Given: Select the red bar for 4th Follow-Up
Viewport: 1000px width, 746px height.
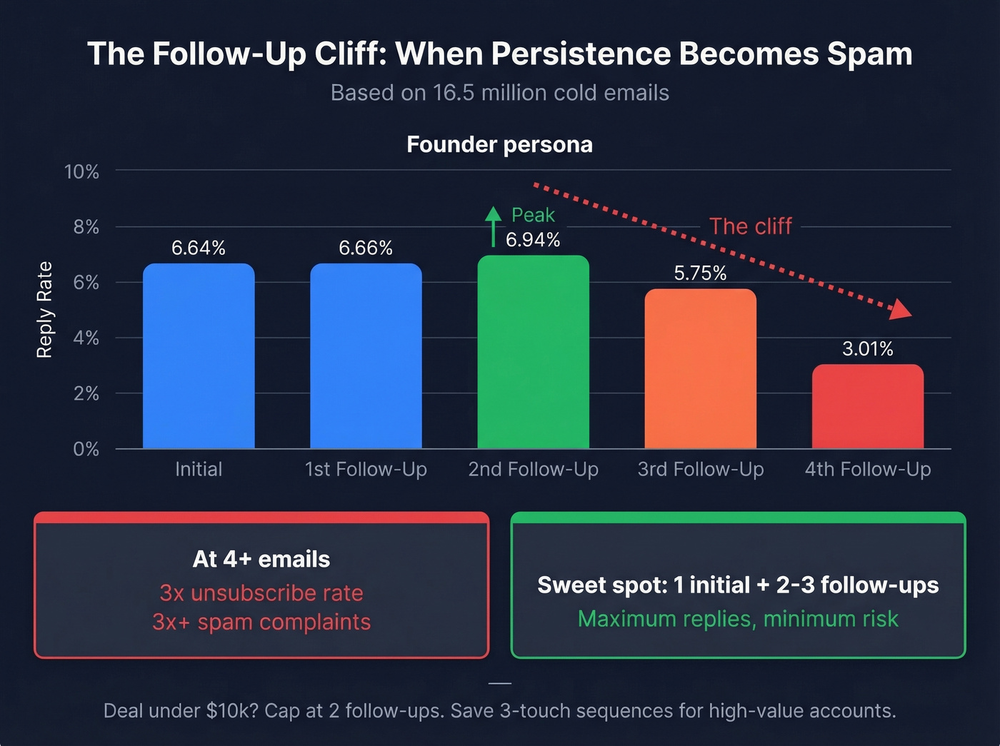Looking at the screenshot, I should (x=867, y=406).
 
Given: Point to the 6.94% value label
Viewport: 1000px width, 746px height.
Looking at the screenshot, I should (x=533, y=240).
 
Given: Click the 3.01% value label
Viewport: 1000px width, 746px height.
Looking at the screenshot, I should (x=867, y=349).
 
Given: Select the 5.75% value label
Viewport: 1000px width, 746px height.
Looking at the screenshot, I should (x=700, y=273).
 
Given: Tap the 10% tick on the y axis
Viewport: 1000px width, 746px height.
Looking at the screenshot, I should (x=82, y=172).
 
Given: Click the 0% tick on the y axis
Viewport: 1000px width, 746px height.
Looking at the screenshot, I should (x=86, y=449).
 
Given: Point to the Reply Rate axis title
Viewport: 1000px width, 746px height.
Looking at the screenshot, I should (x=44, y=310).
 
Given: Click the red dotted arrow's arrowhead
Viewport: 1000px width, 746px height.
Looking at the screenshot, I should (x=901, y=309).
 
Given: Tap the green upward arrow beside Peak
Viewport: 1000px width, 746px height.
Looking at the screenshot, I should (x=493, y=226).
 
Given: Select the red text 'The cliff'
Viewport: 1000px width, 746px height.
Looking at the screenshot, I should (x=750, y=226).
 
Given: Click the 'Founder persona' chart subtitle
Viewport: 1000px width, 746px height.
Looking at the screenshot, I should (x=499, y=145).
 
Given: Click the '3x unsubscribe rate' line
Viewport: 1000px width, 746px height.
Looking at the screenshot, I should (x=261, y=593).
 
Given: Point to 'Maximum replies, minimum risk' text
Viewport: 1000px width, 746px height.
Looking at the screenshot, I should (x=738, y=619).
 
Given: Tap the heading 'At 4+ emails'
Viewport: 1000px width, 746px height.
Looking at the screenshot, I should (x=261, y=559).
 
